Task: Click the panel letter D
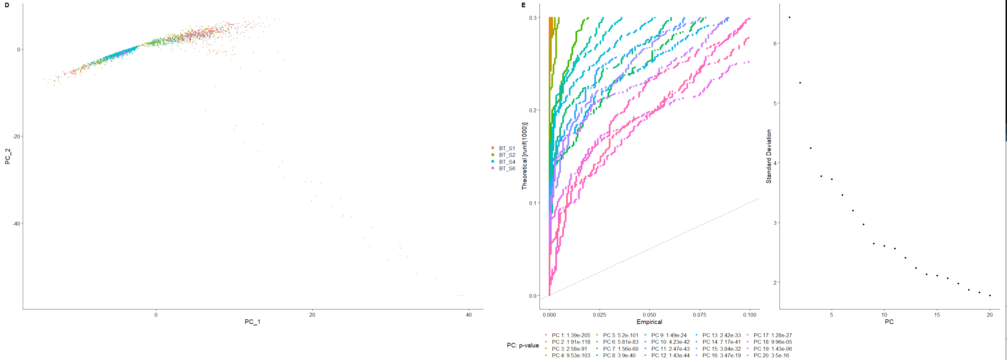pyautogui.click(x=7, y=5)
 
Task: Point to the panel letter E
pyautogui.click(x=523, y=5)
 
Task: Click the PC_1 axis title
pyautogui.click(x=252, y=322)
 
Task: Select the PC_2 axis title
pyautogui.click(x=7, y=156)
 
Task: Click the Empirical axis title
pyautogui.click(x=649, y=322)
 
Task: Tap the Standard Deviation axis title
pyautogui.click(x=769, y=156)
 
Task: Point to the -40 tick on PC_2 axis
pyautogui.click(x=16, y=224)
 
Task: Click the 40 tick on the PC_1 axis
pyautogui.click(x=469, y=315)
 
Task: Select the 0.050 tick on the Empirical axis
pyautogui.click(x=649, y=315)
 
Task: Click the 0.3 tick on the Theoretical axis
pyautogui.click(x=533, y=18)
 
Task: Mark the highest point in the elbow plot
pyautogui.click(x=790, y=17)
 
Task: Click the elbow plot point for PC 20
pyautogui.click(x=990, y=296)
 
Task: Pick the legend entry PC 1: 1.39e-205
pyautogui.click(x=571, y=335)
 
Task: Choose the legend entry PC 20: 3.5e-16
pyautogui.click(x=771, y=356)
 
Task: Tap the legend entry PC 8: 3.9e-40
pyautogui.click(x=619, y=356)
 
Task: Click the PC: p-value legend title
pyautogui.click(x=523, y=345)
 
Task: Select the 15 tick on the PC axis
pyautogui.click(x=937, y=315)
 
